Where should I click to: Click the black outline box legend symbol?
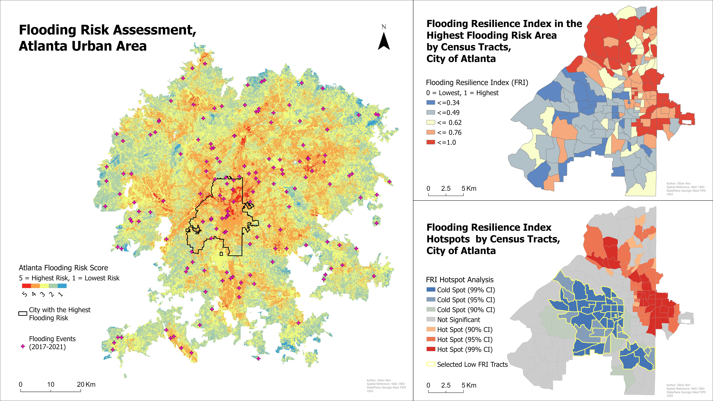[23, 314]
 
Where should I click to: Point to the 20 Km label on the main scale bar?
[86, 384]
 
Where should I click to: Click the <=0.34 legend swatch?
[431, 103]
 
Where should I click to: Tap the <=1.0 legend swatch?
[431, 142]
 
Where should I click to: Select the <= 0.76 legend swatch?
[431, 132]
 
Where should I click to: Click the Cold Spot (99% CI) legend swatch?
[431, 290]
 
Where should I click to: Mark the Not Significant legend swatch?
[431, 320]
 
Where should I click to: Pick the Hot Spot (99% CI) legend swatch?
[431, 349]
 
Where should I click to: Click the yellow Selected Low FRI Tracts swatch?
[431, 364]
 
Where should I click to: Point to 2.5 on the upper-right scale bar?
[446, 188]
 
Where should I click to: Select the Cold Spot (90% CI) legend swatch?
[431, 310]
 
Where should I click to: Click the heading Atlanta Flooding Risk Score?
[63, 268]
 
